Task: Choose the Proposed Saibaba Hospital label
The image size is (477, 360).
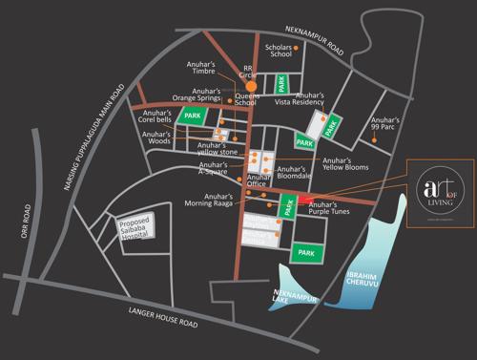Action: (136, 230)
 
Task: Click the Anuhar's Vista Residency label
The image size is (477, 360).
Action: (321, 99)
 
